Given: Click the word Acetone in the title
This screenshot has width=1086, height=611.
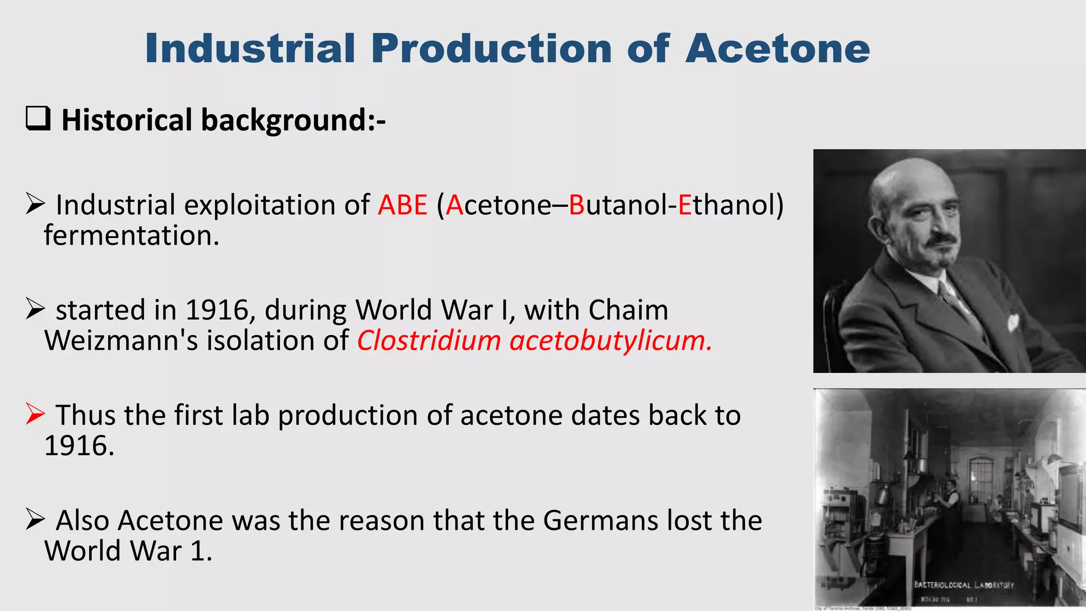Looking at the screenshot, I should coord(777,49).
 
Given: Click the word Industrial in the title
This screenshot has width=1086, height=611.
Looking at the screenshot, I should coord(250,49).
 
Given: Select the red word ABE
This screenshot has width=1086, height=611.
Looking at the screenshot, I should coord(402,205).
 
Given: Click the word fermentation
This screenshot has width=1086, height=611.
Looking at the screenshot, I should coord(131,235).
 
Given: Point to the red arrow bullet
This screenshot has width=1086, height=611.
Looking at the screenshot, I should coord(35,414).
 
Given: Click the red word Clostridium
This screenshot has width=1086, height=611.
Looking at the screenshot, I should coord(428,341).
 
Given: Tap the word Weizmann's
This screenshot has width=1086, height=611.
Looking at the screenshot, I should coord(121,341).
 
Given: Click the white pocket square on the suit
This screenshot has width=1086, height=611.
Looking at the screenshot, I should coord(1013,321).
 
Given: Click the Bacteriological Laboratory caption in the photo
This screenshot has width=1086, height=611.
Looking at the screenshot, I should coord(964,585).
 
